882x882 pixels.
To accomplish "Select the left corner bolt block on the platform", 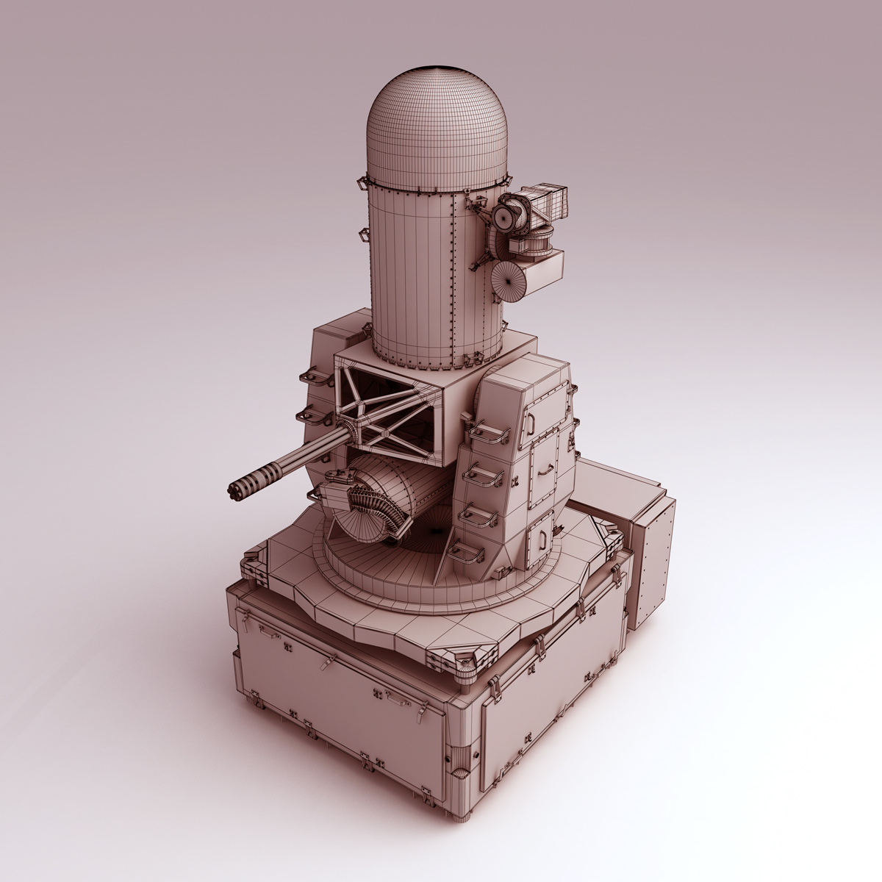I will [254, 567].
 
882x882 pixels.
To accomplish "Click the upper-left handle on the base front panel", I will [268, 634].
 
